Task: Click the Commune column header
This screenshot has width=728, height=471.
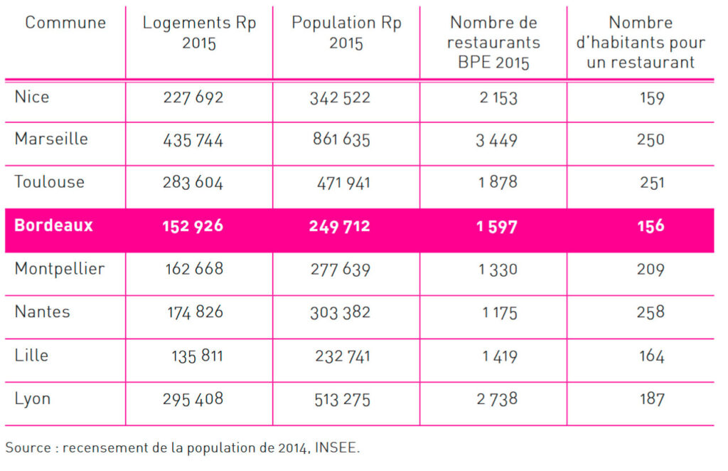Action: (x=65, y=22)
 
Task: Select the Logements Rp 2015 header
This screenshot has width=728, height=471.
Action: (x=199, y=33)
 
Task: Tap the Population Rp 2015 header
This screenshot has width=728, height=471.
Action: (x=346, y=33)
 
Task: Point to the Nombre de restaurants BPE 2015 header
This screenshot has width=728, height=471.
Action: (x=493, y=42)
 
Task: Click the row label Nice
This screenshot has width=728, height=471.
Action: (x=32, y=97)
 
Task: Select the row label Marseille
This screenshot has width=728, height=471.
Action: (x=51, y=139)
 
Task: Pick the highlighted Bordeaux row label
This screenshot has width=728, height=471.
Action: (x=53, y=226)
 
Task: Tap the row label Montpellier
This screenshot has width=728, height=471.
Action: (x=60, y=269)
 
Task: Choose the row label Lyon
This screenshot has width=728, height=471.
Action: (x=33, y=399)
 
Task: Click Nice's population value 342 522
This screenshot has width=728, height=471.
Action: (x=341, y=98)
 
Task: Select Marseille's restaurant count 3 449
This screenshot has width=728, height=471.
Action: (x=496, y=140)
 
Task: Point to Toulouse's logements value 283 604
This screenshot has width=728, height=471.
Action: (x=193, y=183)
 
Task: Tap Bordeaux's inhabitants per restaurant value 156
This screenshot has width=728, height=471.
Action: (x=651, y=226)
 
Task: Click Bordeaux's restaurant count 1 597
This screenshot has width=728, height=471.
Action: (x=497, y=227)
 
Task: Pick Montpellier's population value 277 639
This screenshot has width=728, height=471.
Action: (x=341, y=270)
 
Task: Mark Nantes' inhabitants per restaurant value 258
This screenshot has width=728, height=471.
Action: (x=651, y=312)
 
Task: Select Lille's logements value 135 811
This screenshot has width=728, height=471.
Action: (x=198, y=356)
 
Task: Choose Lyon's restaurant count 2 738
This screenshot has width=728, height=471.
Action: (x=497, y=399)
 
